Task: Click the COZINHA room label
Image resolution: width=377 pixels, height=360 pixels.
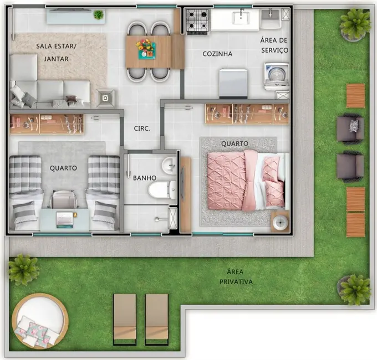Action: (217, 54)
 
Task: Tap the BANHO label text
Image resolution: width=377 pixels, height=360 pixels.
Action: (144, 178)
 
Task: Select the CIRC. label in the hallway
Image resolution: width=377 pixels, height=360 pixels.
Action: (142, 128)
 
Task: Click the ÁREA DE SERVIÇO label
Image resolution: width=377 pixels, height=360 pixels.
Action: (274, 45)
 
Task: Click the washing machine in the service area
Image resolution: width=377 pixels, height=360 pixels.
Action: (276, 76)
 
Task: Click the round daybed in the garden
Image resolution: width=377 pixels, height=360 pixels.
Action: (40, 321)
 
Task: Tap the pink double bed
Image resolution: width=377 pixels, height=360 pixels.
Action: (244, 180)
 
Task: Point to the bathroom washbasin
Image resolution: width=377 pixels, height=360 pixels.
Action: (169, 165)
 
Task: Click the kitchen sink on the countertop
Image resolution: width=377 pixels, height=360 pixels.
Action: (240, 18)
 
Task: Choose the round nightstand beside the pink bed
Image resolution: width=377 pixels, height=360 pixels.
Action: (280, 221)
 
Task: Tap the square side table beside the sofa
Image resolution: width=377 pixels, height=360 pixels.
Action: (105, 98)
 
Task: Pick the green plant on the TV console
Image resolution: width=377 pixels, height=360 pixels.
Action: (99, 14)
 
